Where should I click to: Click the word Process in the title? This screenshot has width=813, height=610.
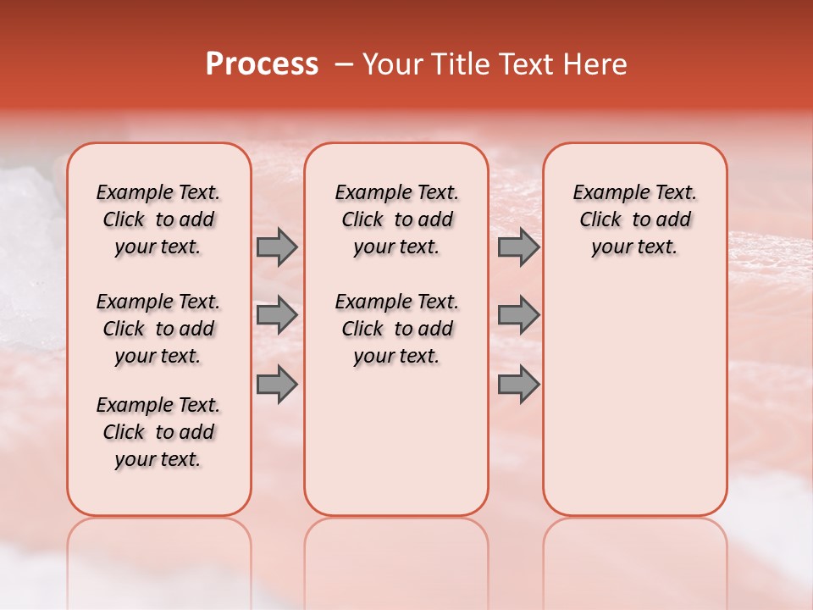click(262, 64)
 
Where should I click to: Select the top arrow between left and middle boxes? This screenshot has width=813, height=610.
click(277, 247)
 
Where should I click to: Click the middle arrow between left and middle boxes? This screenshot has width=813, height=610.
click(277, 315)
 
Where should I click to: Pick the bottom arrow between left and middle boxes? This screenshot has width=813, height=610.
click(277, 384)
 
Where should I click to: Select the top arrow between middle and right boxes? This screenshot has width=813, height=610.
click(518, 247)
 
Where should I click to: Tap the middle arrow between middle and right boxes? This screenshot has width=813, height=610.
click(518, 315)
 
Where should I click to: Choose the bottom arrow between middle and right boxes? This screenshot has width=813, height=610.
click(518, 384)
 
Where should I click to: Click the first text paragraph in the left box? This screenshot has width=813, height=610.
click(158, 219)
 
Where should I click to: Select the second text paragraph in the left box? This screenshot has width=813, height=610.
click(158, 329)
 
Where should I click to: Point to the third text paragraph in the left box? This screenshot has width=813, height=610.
click(158, 432)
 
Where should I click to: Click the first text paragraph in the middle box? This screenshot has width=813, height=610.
click(396, 219)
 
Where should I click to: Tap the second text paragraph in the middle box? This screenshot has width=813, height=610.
click(396, 329)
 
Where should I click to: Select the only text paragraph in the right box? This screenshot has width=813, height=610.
click(634, 219)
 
